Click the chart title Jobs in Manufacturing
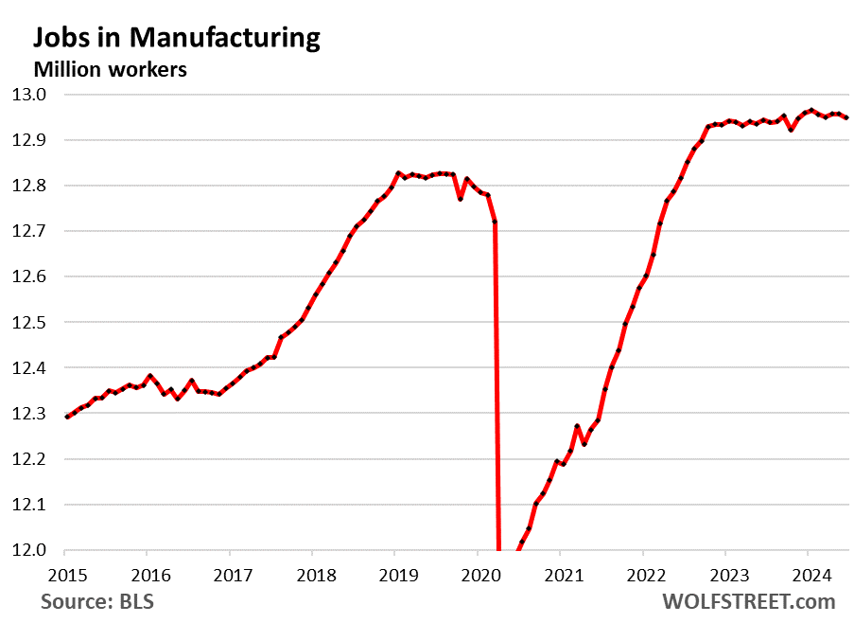click(x=177, y=37)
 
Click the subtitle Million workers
click(x=110, y=69)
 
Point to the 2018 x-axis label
click(x=312, y=574)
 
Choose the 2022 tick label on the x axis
click(x=642, y=574)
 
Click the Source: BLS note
click(x=96, y=601)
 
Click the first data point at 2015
click(x=65, y=418)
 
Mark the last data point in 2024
click(x=846, y=117)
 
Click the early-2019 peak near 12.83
click(x=398, y=172)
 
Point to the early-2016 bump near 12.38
click(x=150, y=376)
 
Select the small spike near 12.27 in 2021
click(x=577, y=427)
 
